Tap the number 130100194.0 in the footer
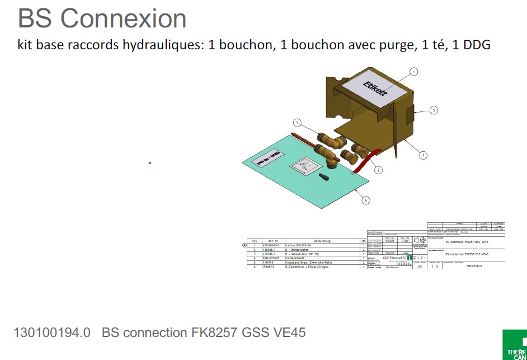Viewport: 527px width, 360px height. [x=51, y=333]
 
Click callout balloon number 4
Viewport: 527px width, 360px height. [x=413, y=72]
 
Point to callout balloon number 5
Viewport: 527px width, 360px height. [x=434, y=110]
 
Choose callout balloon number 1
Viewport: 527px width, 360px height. [x=424, y=155]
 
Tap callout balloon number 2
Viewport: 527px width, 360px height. [x=379, y=170]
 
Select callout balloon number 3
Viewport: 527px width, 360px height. [x=298, y=123]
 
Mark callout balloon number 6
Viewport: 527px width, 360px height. [x=366, y=199]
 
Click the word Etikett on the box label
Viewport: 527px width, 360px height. [x=375, y=88]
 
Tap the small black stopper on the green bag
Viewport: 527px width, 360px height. [x=323, y=179]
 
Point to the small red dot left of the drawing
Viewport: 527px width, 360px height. [x=150, y=163]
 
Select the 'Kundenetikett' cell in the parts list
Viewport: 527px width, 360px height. [x=297, y=258]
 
